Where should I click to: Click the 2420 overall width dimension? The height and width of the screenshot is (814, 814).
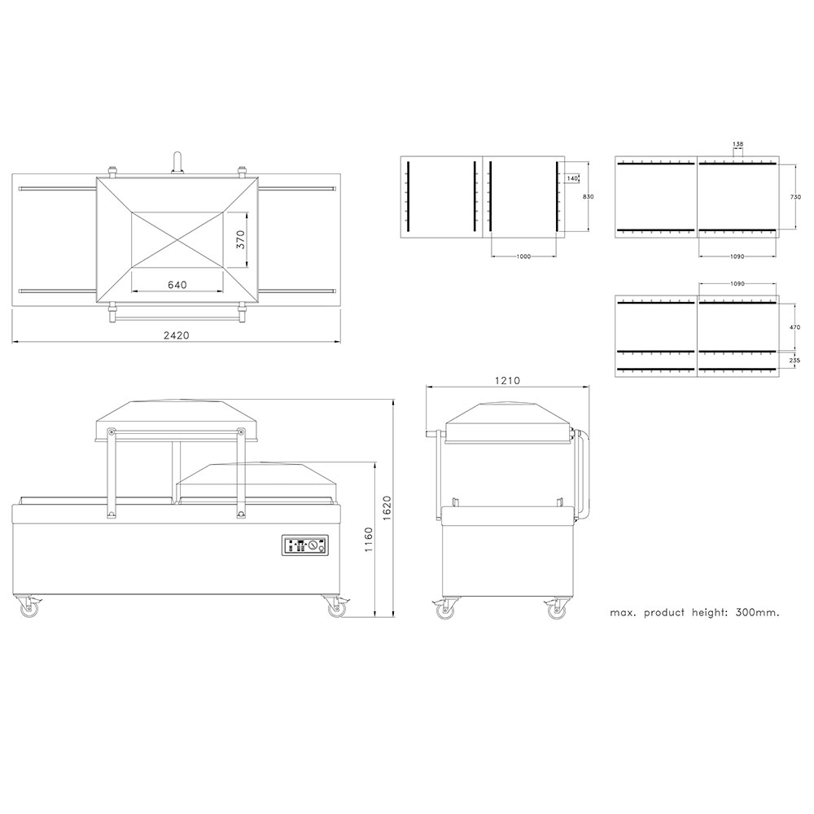coord(177,335)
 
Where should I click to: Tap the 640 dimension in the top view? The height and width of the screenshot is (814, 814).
coord(177,285)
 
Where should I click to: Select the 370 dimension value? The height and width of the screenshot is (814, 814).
coord(240,240)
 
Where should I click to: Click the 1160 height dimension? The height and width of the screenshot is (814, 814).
coord(368,540)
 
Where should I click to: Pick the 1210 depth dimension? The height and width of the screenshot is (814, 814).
coord(507,380)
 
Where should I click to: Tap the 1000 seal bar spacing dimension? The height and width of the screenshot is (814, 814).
coord(523,256)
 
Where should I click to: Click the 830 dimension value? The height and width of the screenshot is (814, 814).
coord(589,197)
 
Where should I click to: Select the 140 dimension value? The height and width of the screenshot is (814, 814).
coord(572,178)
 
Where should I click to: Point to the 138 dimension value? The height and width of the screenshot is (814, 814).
coord(737,144)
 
